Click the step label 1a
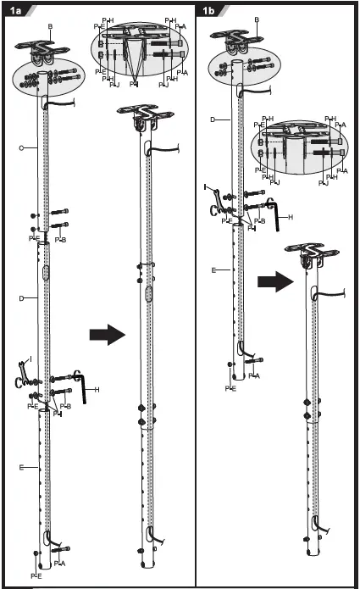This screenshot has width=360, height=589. (x=16, y=11)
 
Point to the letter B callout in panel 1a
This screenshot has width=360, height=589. (x=50, y=27)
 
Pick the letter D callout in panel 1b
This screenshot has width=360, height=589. (x=212, y=119)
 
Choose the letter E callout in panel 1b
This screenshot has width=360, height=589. (x=214, y=270)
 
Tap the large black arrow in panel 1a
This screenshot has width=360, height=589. (x=107, y=336)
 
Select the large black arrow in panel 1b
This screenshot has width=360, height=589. (x=275, y=281)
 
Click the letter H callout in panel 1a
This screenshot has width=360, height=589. (x=99, y=390)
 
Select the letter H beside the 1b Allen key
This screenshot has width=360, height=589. (x=291, y=217)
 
